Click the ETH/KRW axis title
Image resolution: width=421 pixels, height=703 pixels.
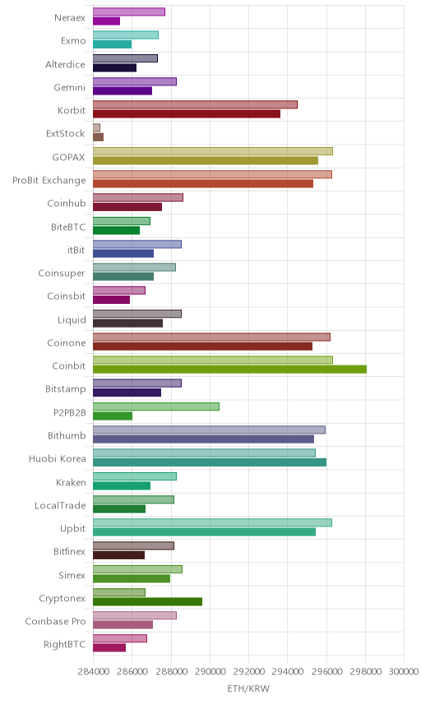point(248,688)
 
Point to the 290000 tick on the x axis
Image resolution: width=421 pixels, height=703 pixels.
point(210,671)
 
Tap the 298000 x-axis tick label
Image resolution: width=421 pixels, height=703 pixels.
point(365,671)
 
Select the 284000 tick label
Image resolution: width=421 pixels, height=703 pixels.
point(94,671)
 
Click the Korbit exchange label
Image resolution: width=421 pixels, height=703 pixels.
point(72,110)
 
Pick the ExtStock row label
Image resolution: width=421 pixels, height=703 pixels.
point(66,134)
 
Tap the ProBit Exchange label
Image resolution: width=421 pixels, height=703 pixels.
point(49,180)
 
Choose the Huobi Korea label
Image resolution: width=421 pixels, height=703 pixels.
point(57,458)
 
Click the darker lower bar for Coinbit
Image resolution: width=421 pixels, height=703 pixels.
point(229,370)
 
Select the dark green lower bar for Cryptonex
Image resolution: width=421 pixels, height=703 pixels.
point(148,602)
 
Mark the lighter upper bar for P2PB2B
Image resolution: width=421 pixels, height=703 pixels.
point(156,407)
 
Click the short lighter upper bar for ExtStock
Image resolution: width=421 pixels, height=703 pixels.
point(96,128)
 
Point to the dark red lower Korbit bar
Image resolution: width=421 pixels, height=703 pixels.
point(187,114)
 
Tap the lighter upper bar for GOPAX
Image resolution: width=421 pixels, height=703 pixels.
point(213,151)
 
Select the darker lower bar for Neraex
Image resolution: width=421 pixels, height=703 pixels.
point(106,21)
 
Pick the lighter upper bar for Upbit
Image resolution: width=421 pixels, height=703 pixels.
point(212,523)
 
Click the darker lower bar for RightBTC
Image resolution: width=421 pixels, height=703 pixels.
point(109,648)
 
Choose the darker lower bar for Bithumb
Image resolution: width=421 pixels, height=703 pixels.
point(204,439)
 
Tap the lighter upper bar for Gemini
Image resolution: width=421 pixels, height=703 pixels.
point(135,81)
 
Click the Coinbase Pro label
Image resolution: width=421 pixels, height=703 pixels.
point(55,622)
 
